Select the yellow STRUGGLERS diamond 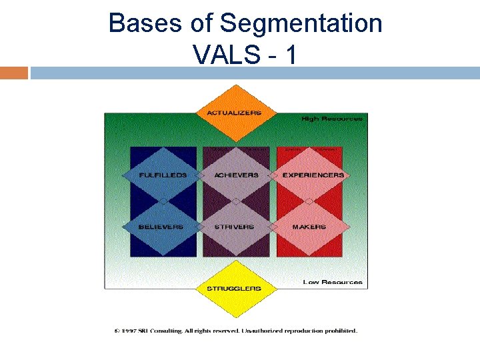coord(233,289)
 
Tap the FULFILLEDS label coord(163,175)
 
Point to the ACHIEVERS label coord(236,175)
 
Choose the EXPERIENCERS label coord(313,175)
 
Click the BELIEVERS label coord(161,227)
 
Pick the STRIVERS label coord(234,227)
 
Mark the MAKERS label coord(309,227)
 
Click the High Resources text coord(332,119)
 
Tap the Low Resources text coord(333,282)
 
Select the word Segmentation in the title coord(301,24)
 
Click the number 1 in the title coord(290,54)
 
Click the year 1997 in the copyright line coord(131,331)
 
